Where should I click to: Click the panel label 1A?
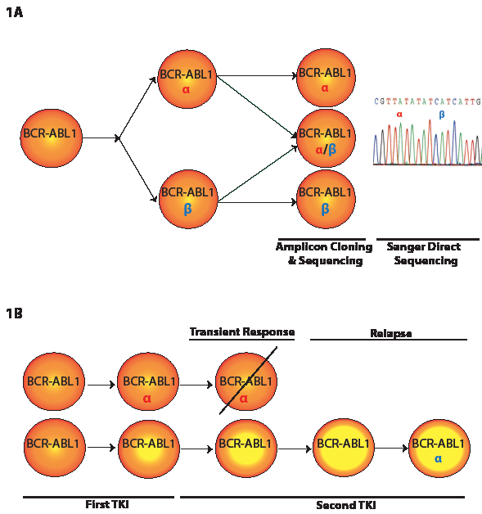point(15,13)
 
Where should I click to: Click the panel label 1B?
point(15,313)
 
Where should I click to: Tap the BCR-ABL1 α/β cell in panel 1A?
point(326,138)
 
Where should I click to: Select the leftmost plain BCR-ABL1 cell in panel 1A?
point(51,138)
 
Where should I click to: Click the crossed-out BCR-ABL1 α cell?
point(246,381)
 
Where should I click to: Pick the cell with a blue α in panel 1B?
point(439,448)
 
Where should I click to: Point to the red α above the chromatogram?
point(399,115)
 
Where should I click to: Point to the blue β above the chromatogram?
point(442,115)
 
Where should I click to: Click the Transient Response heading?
point(242,331)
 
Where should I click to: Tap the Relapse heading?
point(390,333)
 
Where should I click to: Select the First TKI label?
point(107,504)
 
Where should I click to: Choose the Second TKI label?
point(345,505)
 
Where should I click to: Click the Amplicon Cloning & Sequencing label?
point(324,254)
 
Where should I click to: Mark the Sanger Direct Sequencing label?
point(425,254)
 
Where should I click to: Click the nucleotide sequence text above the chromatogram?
point(427,101)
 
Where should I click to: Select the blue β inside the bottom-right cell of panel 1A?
point(325,209)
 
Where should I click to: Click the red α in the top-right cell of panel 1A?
point(325,88)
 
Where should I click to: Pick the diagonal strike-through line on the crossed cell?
point(248,381)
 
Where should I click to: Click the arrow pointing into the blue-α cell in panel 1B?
point(391,448)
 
